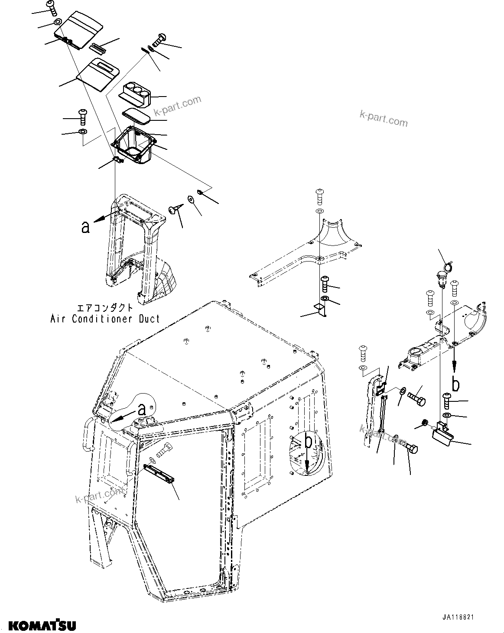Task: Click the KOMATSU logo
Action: [x=42, y=625]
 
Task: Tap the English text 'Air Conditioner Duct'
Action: [x=105, y=319]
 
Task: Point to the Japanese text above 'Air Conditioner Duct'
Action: [x=104, y=308]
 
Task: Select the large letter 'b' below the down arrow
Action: [x=455, y=384]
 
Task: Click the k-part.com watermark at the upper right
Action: [x=384, y=118]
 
